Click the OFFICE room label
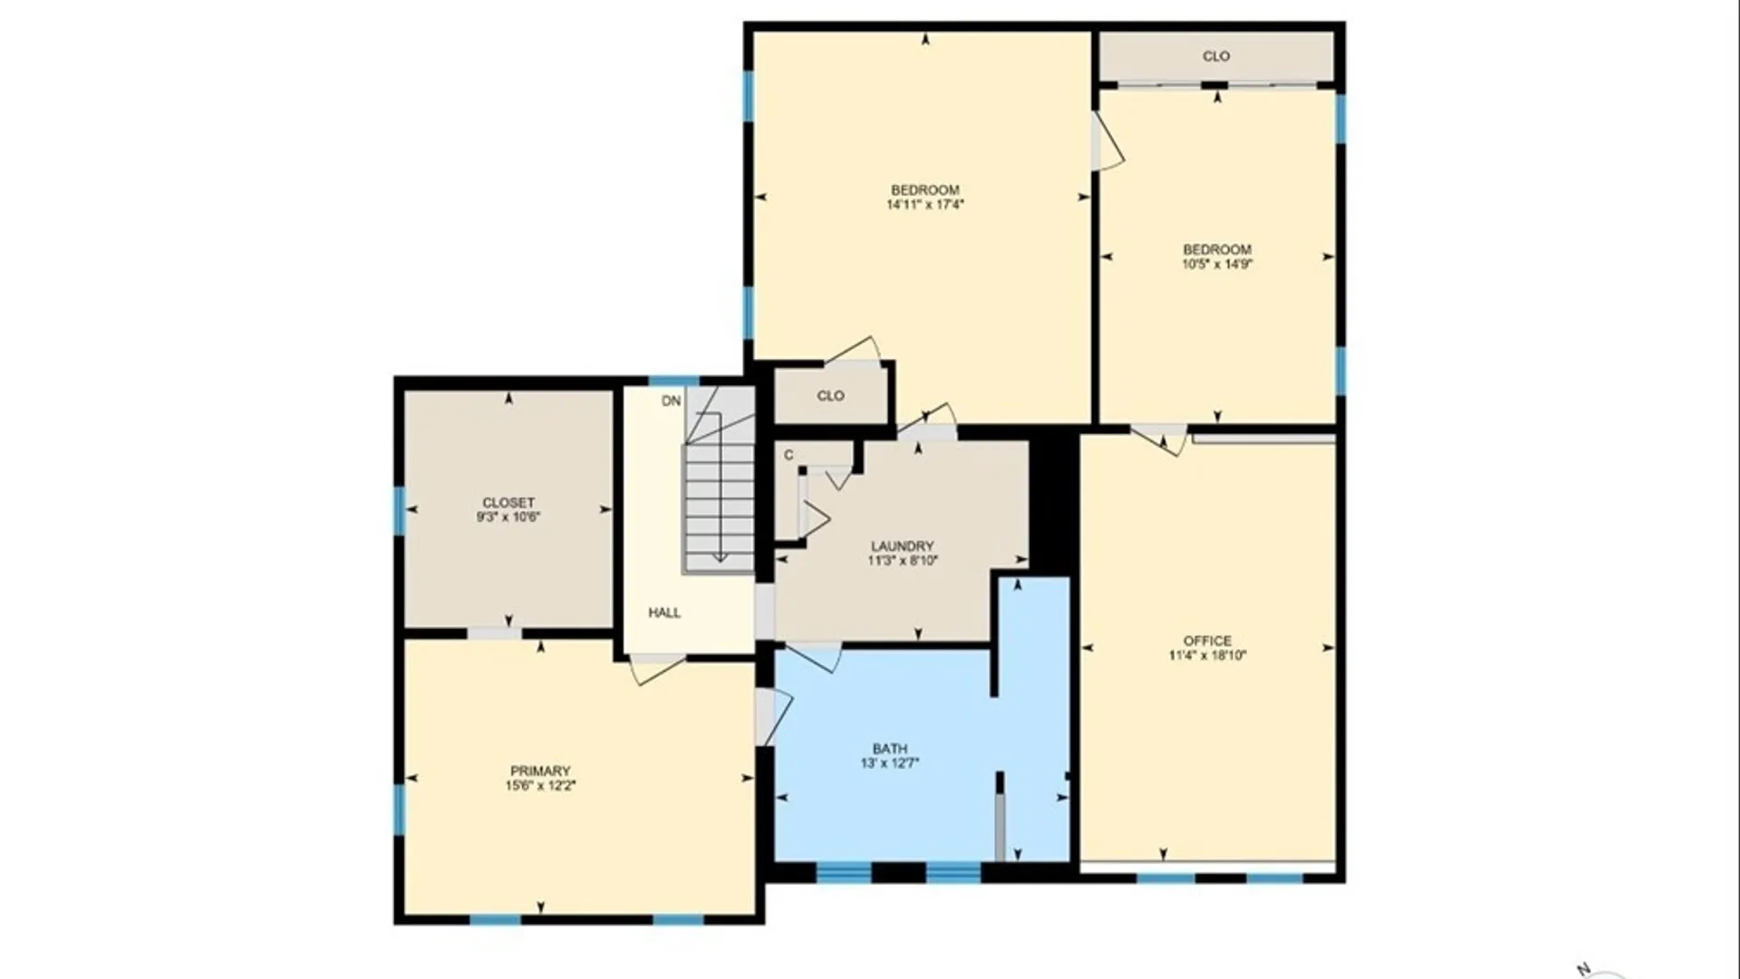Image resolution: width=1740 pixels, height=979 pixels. point(1207,641)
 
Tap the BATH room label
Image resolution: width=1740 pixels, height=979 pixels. point(889,749)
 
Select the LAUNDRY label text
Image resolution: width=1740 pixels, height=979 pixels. point(902,547)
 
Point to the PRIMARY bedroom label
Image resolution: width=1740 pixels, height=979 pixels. point(540,771)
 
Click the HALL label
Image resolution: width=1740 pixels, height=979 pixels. point(664,613)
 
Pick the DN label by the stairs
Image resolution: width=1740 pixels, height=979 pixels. point(671,401)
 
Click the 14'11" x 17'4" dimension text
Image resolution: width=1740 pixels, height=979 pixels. point(924,205)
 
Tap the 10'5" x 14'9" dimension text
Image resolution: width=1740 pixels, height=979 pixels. point(1217,265)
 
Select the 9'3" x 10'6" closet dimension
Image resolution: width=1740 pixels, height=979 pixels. point(508,518)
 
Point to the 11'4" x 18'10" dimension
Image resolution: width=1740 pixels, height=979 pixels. point(1207,655)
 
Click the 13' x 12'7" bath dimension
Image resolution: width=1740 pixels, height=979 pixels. point(889,763)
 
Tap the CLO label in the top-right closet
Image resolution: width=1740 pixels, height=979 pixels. point(1216,56)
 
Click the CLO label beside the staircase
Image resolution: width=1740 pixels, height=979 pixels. point(830,396)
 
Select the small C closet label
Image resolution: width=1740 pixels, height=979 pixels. point(788,455)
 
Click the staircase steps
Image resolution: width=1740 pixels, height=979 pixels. point(720,508)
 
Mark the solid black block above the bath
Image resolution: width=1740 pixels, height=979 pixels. point(1051,503)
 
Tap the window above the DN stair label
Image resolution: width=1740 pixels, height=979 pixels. point(673,381)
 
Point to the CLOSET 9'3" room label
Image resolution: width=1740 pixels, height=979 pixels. point(508,502)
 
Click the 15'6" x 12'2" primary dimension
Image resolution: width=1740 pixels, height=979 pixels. point(540,786)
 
